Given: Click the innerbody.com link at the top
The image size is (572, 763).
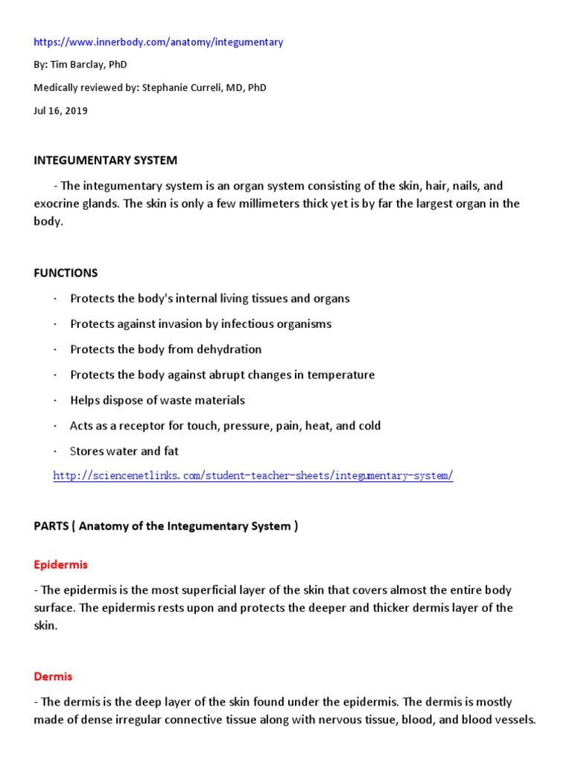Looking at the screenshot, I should click(158, 42).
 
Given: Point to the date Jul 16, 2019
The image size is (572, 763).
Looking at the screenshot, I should click(60, 110).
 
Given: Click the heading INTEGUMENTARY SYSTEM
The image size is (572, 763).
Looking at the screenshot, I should click(105, 160).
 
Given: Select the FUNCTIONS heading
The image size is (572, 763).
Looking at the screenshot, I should click(66, 273).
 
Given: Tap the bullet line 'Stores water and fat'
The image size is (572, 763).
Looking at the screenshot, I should click(124, 451).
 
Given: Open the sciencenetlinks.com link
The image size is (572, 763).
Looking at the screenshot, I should click(252, 475).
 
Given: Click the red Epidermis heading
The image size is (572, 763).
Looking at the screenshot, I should click(60, 565).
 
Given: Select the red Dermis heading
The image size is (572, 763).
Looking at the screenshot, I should click(53, 677).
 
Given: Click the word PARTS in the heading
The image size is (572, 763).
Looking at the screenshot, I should click(51, 526).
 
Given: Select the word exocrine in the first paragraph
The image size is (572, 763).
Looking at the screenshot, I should click(62, 203).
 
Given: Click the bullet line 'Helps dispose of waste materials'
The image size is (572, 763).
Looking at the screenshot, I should click(157, 400).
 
